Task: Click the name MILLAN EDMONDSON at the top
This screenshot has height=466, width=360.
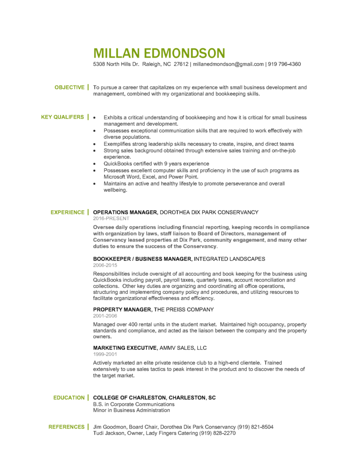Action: [159, 53]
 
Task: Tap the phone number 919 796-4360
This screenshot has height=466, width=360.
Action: [284, 64]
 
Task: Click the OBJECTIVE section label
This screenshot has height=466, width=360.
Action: [69, 88]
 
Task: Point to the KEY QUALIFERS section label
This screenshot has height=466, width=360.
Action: [62, 117]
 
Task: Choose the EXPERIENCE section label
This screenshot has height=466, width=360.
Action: [67, 213]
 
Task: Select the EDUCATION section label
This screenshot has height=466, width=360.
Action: [69, 398]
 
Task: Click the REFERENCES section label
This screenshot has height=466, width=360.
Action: [66, 427]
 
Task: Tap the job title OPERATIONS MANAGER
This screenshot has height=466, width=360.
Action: [125, 213]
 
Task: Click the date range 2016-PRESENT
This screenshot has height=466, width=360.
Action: [111, 218]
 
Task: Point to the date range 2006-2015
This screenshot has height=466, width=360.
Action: [105, 265]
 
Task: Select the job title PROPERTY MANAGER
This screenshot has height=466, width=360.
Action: [122, 310]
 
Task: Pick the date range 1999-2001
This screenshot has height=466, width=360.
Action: [105, 354]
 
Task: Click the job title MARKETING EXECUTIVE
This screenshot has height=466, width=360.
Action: [125, 348]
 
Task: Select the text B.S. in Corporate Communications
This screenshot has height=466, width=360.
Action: [134, 404]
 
